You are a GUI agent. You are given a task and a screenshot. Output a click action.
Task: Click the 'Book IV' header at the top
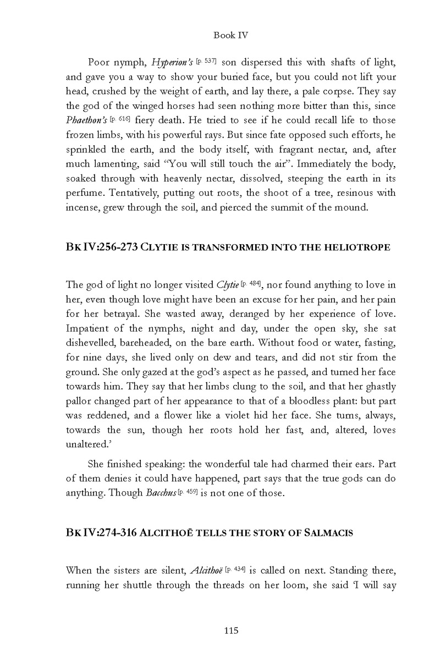coord(230,35)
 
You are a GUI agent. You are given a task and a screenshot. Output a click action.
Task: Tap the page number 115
coord(231,631)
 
